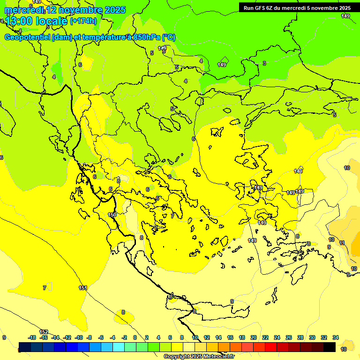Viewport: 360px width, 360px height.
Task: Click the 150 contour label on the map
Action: pyautogui.click(x=112, y=215)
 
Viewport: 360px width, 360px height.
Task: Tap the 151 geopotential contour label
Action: pyautogui.click(x=83, y=288)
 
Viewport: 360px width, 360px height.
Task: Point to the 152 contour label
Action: pyautogui.click(x=44, y=332)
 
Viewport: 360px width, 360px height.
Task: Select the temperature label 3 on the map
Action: pyautogui.click(x=264, y=63)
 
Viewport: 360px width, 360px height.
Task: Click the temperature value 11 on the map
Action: pyautogui.click(x=342, y=243)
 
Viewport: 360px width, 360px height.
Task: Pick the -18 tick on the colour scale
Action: pyautogui.click(x=32, y=337)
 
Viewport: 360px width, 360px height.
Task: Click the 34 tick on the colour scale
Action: pyautogui.click(x=336, y=337)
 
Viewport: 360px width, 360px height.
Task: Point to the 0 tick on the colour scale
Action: pyautogui.click(x=135, y=337)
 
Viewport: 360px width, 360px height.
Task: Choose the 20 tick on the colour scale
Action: pyautogui.click(x=254, y=337)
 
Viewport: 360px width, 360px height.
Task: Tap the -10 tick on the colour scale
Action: pyautogui.click(x=79, y=337)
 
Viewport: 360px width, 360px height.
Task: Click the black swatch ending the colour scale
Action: pyautogui.click(x=330, y=347)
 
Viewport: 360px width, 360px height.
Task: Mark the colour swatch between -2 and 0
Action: pyautogui.click(x=129, y=347)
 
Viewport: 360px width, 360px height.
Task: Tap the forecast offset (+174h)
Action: pyautogui.click(x=83, y=21)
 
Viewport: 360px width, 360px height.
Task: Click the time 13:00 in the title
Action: pyautogui.click(x=19, y=21)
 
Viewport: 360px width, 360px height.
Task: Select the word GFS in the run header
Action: pyautogui.click(x=261, y=8)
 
